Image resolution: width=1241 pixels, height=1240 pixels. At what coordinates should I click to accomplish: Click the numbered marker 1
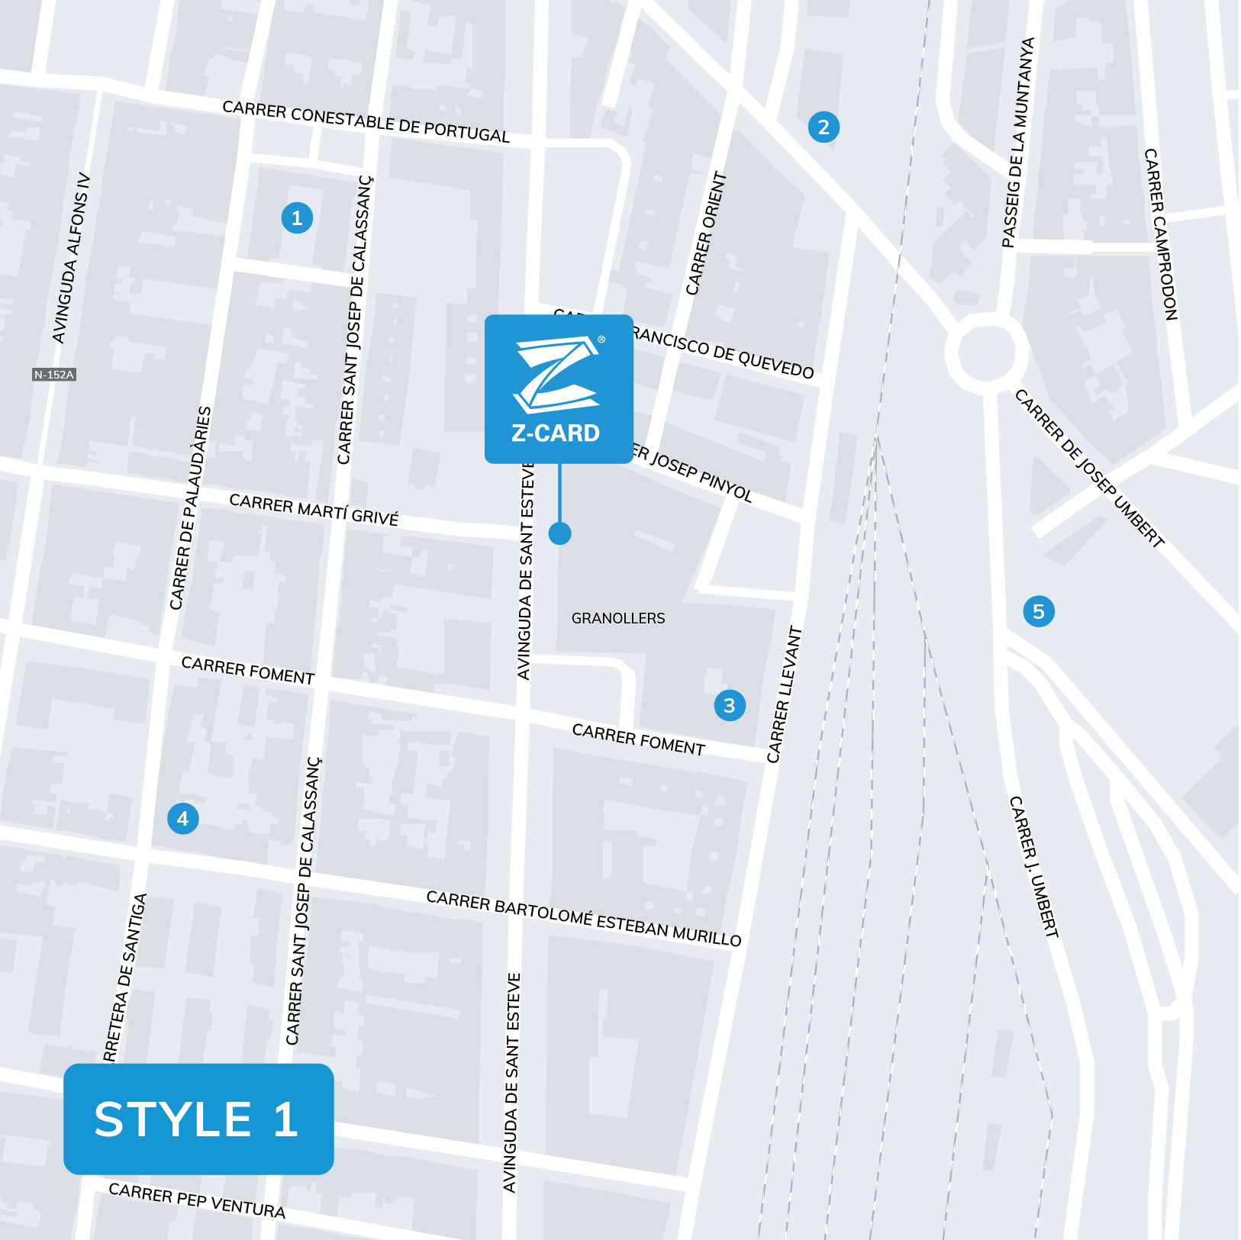click(297, 218)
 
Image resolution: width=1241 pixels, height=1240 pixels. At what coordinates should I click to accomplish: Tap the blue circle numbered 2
click(824, 127)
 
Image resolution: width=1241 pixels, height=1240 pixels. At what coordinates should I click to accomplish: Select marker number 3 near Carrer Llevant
click(730, 706)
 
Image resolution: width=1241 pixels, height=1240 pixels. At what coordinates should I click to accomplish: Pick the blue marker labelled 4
click(183, 819)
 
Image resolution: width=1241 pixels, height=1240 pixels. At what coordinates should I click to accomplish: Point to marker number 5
click(1039, 611)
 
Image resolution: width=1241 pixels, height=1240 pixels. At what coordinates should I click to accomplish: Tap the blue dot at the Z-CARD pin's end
click(559, 533)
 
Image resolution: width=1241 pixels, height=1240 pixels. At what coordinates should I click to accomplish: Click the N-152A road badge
click(54, 375)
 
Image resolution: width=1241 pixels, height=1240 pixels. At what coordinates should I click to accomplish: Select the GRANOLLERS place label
click(618, 618)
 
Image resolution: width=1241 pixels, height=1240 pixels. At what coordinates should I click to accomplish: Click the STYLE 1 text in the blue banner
click(197, 1119)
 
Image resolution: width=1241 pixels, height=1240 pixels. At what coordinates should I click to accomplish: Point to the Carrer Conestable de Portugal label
click(366, 122)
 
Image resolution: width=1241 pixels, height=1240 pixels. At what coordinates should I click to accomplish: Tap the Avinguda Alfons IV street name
click(71, 259)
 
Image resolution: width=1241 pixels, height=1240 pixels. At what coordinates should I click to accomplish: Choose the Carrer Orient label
click(706, 234)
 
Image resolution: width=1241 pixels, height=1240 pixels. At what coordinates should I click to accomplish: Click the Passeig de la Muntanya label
click(1018, 143)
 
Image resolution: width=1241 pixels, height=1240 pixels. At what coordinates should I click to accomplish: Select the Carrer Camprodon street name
click(1161, 234)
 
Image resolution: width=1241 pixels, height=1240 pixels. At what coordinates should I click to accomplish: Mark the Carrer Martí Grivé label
click(314, 510)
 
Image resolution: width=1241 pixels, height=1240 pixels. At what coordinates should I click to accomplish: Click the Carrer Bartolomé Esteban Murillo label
click(584, 919)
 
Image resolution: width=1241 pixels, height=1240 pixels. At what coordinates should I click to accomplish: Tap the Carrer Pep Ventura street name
click(197, 1200)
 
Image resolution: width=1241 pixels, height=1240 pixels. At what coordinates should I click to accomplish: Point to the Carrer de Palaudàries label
click(190, 508)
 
